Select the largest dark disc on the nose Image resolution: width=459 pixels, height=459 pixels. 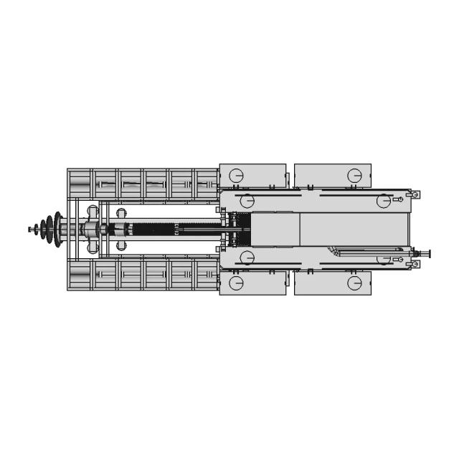(x=57, y=229)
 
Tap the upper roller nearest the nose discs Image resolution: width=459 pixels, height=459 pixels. (x=93, y=212)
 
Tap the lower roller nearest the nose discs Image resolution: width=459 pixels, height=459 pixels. (x=93, y=248)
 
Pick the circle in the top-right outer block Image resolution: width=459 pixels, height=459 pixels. (x=354, y=176)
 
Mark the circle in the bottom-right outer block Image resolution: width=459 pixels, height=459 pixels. (x=354, y=283)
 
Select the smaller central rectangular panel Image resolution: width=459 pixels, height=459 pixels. (x=275, y=229)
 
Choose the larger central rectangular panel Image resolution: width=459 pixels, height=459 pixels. (x=351, y=229)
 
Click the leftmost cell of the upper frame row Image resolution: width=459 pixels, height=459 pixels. (x=80, y=184)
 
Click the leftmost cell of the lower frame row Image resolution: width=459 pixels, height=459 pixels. (x=80, y=275)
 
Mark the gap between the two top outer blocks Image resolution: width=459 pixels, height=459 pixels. (x=290, y=176)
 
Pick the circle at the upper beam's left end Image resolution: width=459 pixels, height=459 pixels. (x=247, y=201)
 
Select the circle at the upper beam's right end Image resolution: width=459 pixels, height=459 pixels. (x=384, y=201)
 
